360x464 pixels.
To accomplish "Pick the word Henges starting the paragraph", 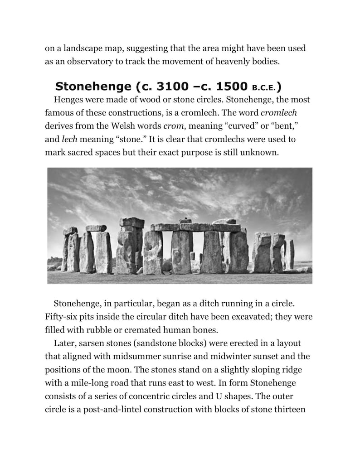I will (68, 99).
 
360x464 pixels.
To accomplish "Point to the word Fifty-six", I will (60, 316).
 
